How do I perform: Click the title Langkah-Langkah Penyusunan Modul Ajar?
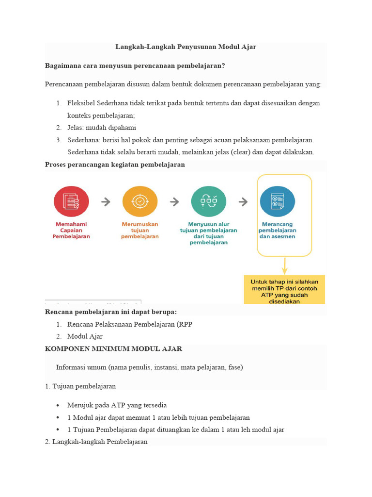pos(186,47)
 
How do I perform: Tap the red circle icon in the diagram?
pos(71,201)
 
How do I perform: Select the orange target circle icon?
pos(140,201)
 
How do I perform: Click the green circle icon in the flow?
pos(208,201)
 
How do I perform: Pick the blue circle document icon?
pos(277,201)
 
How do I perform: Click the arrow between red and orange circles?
pos(106,202)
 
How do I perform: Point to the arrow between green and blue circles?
pos(243,202)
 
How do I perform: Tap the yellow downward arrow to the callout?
pos(284,265)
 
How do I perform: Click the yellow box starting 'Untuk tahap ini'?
pos(284,290)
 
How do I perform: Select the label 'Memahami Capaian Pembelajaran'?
pos(71,231)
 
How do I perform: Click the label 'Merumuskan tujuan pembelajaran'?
pos(140,231)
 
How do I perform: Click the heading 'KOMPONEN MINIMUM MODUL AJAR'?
pos(113,349)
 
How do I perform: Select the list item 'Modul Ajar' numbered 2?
pos(85,336)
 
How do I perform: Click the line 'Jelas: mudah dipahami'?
pos(102,128)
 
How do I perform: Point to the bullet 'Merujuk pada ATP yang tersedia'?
pos(117,405)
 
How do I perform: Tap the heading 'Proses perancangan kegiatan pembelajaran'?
pos(115,165)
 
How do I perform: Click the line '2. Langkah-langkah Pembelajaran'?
pos(96,442)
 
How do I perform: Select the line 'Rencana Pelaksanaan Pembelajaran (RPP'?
pos(129,324)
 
